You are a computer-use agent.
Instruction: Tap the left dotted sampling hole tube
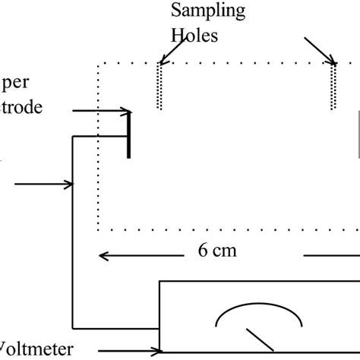click(x=159, y=87)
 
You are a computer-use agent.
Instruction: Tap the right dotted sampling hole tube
click(x=334, y=87)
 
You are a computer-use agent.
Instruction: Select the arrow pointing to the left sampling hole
click(x=170, y=52)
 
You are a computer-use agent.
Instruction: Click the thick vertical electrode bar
click(x=128, y=134)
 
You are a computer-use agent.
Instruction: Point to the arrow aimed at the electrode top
click(x=99, y=111)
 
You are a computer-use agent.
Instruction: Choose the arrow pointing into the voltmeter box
click(x=130, y=351)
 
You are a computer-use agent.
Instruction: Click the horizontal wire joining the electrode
click(x=99, y=137)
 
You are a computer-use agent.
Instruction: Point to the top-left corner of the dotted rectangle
click(x=97, y=65)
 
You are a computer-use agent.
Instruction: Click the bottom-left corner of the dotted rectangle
click(x=97, y=229)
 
